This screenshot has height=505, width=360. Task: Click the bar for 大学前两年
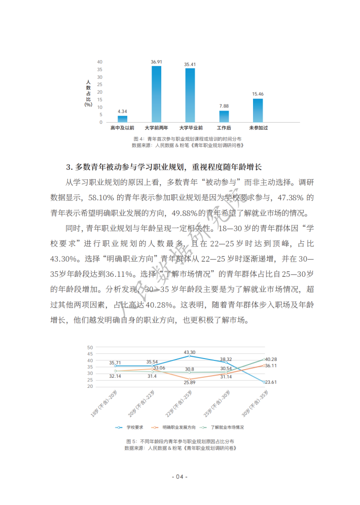pyautogui.click(x=156, y=94)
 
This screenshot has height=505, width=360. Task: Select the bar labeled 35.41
pyautogui.click(x=190, y=96)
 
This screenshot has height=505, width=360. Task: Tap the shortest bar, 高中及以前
pyautogui.click(x=123, y=119)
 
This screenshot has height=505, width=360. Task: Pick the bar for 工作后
pyautogui.click(x=224, y=117)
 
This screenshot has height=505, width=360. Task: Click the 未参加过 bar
pyautogui.click(x=258, y=111)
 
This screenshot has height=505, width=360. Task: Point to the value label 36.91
pyautogui.click(x=156, y=62)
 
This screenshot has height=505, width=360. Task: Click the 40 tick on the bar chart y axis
pyautogui.click(x=100, y=62)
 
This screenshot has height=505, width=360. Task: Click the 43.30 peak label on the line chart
pyautogui.click(x=190, y=352)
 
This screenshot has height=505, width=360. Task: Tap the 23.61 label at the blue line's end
pyautogui.click(x=271, y=382)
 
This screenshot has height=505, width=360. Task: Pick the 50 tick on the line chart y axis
pyautogui.click(x=90, y=347)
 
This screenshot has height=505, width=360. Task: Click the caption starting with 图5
pyautogui.click(x=179, y=442)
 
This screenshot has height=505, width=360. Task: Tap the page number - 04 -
pyautogui.click(x=179, y=477)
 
